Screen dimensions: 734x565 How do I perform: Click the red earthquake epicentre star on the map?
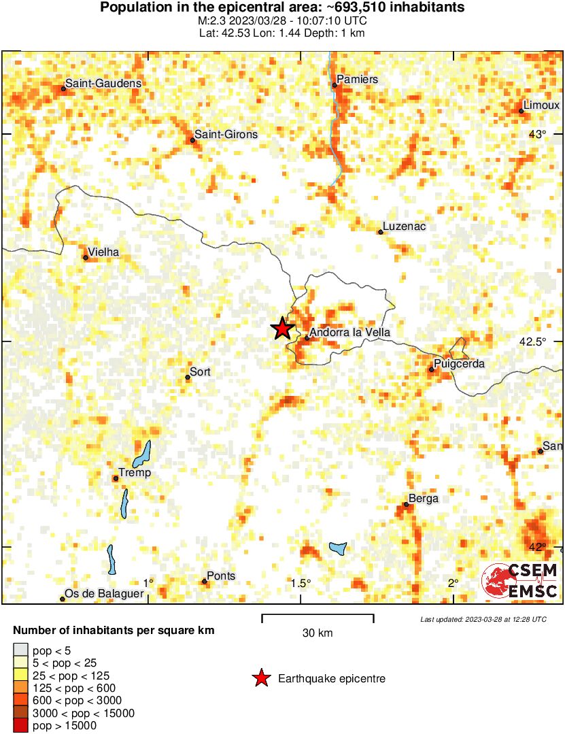(x=282, y=329)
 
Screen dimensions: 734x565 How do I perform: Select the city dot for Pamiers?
(x=335, y=85)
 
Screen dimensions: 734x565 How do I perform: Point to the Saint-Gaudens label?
(x=103, y=83)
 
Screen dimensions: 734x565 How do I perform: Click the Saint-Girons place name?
(x=226, y=134)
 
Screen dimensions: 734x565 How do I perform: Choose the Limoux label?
(x=543, y=105)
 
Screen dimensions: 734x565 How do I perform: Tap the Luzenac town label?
(x=405, y=227)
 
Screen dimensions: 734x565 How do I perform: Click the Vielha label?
(x=104, y=252)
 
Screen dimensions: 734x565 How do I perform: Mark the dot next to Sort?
(x=188, y=377)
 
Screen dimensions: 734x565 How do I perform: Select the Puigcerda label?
(x=460, y=364)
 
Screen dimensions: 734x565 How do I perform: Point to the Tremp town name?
(x=135, y=473)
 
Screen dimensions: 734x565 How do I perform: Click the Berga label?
(x=424, y=499)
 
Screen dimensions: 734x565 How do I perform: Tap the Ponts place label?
(x=221, y=576)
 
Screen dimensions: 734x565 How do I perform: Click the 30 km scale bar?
(x=318, y=618)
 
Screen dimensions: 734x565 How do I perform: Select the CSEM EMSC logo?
(x=520, y=582)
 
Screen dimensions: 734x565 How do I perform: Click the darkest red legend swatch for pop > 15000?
(x=21, y=726)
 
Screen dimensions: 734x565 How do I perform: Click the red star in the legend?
(x=260, y=678)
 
